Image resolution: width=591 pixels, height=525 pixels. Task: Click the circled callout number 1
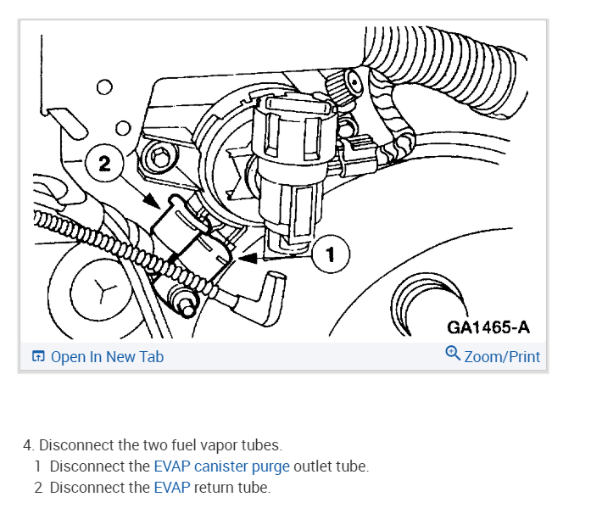tap(331, 254)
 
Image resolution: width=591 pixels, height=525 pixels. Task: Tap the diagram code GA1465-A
tap(488, 327)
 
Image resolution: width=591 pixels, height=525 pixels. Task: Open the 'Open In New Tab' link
tap(107, 357)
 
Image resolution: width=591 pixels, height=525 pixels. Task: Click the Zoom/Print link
tap(502, 357)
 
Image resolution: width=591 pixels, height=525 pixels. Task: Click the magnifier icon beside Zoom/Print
tap(453, 355)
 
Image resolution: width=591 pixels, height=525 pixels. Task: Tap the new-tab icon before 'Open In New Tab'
tap(38, 357)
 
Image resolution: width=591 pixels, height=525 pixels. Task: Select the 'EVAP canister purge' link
tap(221, 466)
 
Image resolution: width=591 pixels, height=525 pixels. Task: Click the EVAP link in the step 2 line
tap(172, 488)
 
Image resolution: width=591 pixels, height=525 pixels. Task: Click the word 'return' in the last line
tap(215, 488)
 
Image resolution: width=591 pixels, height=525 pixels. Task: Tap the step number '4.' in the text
tap(29, 445)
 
